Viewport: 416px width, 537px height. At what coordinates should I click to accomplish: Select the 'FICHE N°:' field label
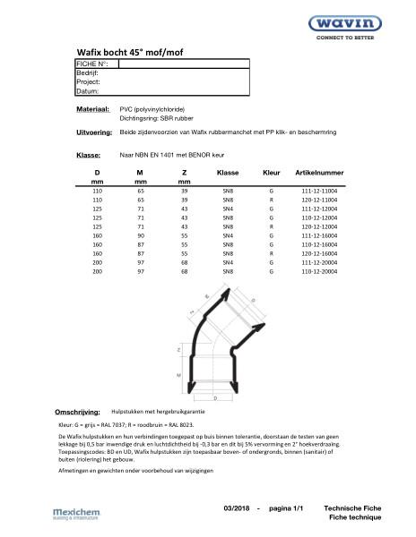pyautogui.click(x=91, y=64)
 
